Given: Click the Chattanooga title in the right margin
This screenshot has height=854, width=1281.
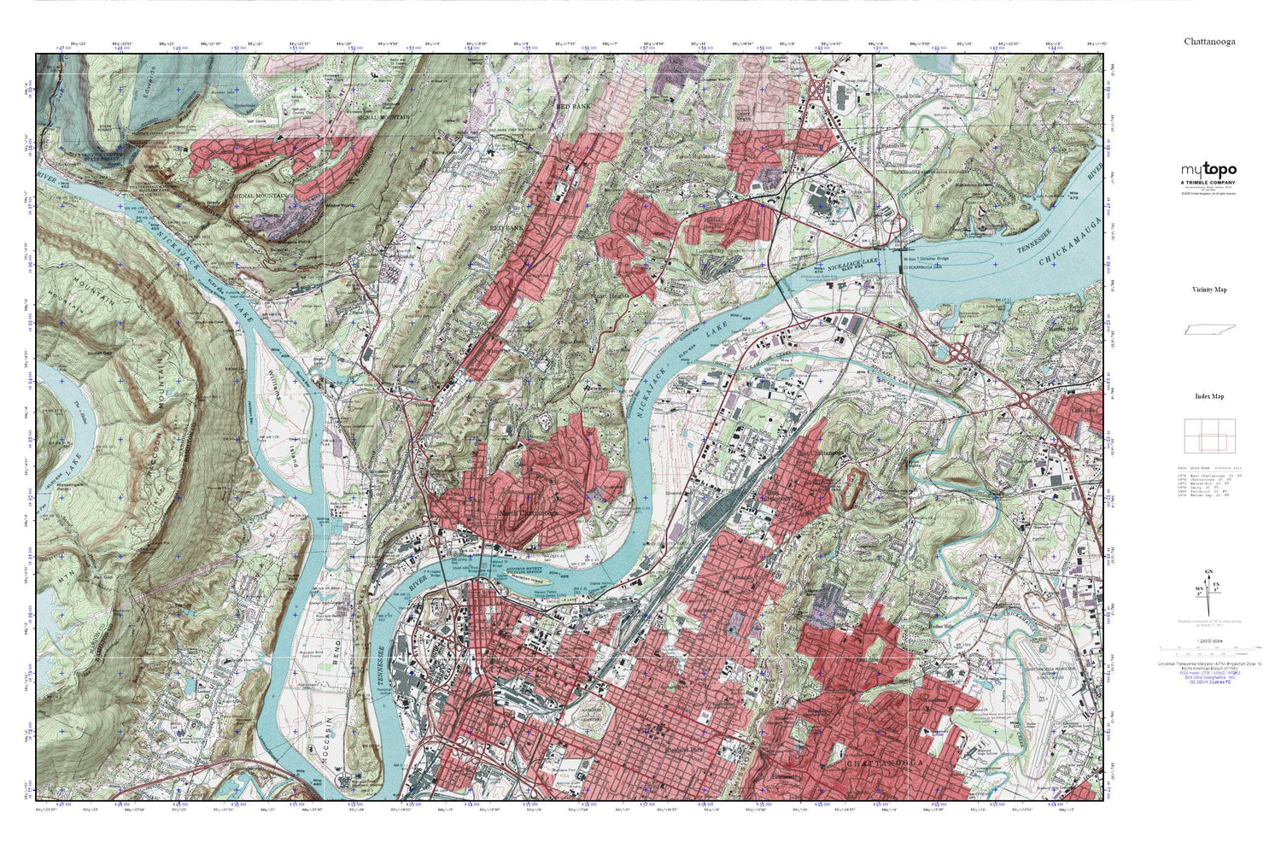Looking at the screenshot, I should point(1208,41).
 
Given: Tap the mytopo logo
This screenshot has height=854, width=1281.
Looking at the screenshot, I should point(1208,171).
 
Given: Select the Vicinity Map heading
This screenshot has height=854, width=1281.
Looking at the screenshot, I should point(1208,290).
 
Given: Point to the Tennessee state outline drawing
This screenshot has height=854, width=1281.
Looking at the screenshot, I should point(1208,330).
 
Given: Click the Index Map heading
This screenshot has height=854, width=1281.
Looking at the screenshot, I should point(1208,396).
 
